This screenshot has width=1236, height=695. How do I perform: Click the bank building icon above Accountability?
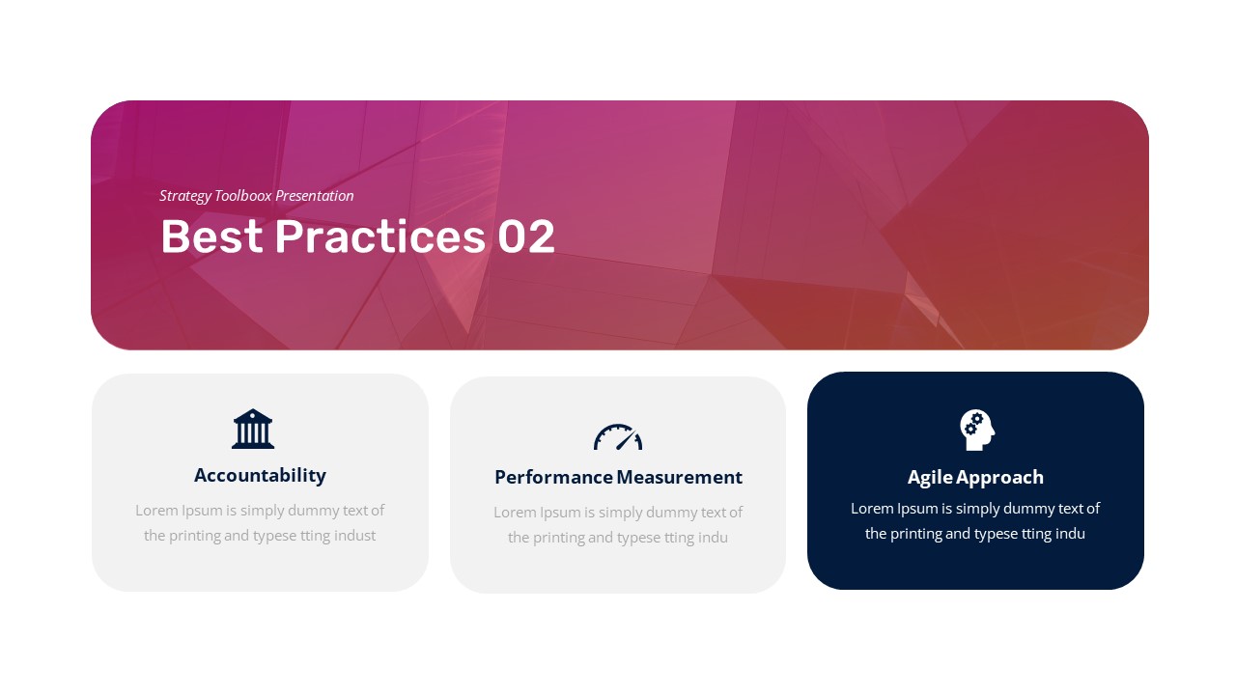253,429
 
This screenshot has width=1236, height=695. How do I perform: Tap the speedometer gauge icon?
618,437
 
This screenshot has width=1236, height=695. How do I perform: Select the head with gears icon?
977,431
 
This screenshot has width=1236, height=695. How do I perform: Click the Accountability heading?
260,476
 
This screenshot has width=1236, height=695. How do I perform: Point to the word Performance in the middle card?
553,477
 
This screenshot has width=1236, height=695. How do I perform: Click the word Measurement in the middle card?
679,477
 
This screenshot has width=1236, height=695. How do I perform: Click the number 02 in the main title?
526,236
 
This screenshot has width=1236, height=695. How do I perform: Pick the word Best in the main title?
211,236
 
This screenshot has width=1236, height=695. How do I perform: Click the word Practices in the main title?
380,236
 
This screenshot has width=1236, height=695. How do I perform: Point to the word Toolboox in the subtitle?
243,196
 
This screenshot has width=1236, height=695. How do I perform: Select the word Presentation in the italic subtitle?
315,196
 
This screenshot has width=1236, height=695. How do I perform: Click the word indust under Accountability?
354,536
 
